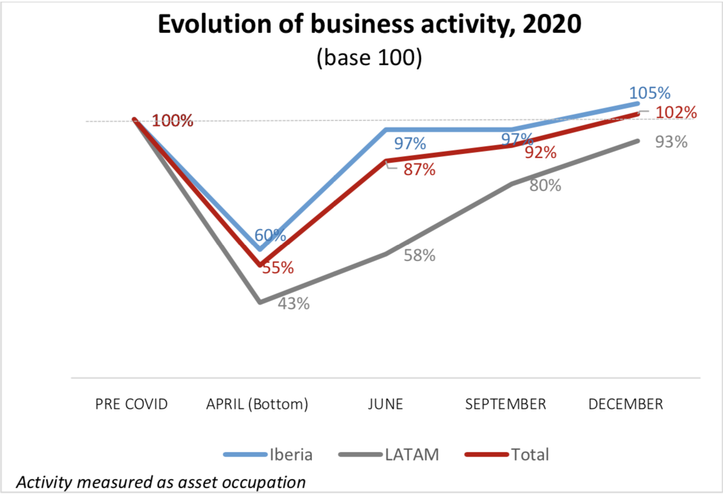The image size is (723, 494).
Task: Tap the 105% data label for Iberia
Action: point(650,94)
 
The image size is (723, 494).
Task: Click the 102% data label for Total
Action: point(676,112)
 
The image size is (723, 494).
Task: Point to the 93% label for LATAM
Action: point(671,142)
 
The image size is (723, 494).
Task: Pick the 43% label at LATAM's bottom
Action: point(293,304)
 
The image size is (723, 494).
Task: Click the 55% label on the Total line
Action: point(278,268)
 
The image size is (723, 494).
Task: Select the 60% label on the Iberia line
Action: point(270,235)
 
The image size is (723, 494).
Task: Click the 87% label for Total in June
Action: point(419,170)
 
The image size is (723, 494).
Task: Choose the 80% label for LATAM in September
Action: point(545,185)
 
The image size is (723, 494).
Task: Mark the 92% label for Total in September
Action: point(540,153)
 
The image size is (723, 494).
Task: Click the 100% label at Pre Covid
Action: point(173,122)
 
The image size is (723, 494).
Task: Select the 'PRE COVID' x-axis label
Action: point(132,405)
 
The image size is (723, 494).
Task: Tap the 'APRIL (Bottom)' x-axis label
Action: point(257,405)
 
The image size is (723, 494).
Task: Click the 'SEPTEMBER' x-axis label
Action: point(506,405)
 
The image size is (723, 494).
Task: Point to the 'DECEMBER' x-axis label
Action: point(625,405)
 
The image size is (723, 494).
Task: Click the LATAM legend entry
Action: point(389,455)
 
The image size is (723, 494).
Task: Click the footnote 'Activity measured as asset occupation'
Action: point(160,482)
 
